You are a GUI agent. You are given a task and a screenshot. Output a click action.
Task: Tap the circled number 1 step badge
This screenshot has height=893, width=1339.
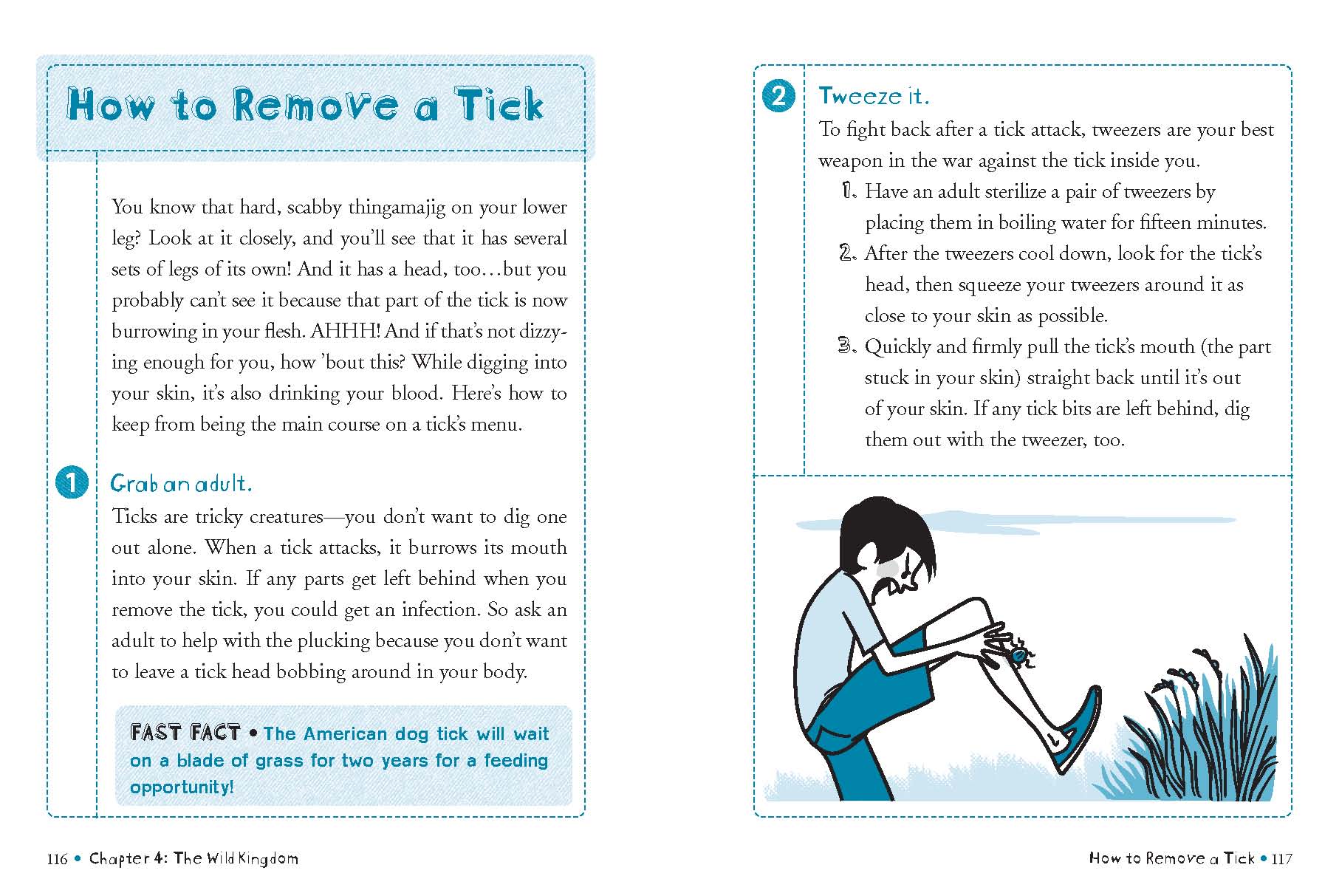point(72,482)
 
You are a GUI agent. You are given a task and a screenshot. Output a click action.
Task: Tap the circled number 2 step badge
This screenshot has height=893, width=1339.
point(778,96)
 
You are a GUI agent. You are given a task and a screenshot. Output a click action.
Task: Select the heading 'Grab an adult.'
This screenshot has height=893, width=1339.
point(181,484)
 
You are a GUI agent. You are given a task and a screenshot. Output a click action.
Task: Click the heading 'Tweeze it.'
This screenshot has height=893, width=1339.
point(873,96)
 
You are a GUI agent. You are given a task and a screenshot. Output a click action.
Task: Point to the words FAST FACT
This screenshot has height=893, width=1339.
point(185,733)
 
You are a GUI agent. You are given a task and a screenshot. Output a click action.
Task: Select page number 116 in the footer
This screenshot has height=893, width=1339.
point(57,858)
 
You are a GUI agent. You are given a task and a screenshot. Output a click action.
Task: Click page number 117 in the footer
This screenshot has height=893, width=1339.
point(1282,858)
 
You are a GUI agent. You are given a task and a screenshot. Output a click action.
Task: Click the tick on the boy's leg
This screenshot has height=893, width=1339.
point(1020,654)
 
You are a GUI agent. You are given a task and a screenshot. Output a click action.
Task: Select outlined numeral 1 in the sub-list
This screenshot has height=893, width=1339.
point(849,191)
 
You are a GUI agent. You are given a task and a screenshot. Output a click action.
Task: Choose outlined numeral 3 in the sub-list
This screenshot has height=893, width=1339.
point(847,346)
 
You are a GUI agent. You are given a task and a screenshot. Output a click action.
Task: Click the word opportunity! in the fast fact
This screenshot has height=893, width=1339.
point(182,787)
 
